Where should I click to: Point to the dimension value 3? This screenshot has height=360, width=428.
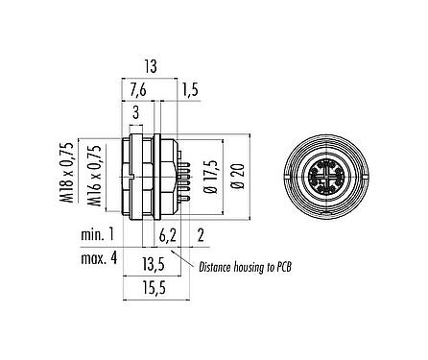(x=136, y=113)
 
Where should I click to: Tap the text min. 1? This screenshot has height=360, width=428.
(x=96, y=234)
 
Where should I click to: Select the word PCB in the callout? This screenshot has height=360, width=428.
(x=281, y=268)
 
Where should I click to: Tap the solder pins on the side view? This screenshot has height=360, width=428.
(x=183, y=174)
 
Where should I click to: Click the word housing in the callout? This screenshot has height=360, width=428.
(x=252, y=268)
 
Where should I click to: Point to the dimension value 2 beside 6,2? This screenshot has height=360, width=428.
(x=200, y=234)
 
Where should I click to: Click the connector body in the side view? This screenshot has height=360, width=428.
(x=144, y=175)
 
